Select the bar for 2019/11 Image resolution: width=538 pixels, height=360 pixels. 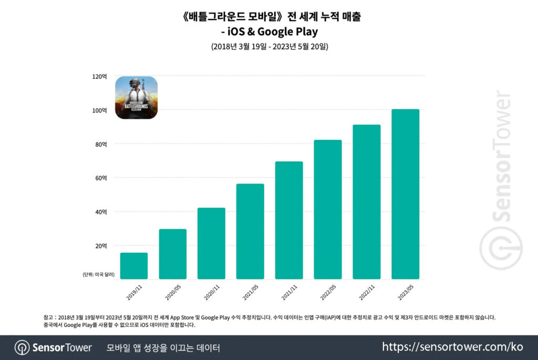pyautogui.click(x=134, y=265)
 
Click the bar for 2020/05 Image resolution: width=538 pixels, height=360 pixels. pyautogui.click(x=173, y=254)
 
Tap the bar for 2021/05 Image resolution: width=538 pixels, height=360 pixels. pyautogui.click(x=251, y=231)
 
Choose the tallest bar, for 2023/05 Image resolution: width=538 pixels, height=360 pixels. pyautogui.click(x=406, y=194)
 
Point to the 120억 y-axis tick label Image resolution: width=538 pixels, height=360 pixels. pyautogui.click(x=99, y=76)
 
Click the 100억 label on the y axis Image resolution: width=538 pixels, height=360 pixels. pyautogui.click(x=99, y=110)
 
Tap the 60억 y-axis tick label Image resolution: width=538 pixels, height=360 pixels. pyautogui.click(x=100, y=178)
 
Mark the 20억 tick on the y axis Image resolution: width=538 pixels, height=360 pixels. pyautogui.click(x=100, y=246)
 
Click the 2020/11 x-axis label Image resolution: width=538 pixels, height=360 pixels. pyautogui.click(x=211, y=292)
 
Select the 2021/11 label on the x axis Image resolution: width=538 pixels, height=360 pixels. pyautogui.click(x=288, y=292)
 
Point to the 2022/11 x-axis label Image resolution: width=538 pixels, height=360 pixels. pyautogui.click(x=366, y=292)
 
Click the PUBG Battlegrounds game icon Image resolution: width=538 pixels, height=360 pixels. pyautogui.click(x=137, y=97)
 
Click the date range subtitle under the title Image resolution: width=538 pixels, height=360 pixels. pyautogui.click(x=269, y=47)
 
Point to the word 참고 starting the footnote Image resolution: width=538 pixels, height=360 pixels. pyautogui.click(x=48, y=317)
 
